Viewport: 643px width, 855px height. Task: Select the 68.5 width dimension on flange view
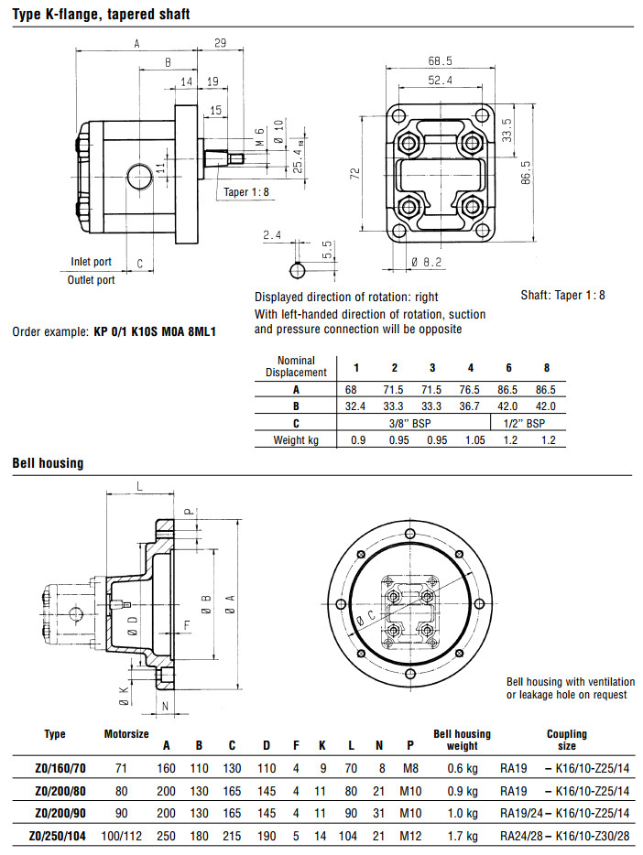pos(441,61)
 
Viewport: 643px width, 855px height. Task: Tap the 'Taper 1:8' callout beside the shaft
pos(246,192)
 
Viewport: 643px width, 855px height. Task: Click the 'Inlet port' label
pos(91,262)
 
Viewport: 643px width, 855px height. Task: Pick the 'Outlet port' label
pos(91,280)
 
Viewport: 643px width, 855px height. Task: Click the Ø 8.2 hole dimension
pos(427,263)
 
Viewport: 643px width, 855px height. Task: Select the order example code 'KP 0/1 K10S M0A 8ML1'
pos(156,330)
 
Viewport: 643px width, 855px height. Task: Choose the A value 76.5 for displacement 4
pos(471,389)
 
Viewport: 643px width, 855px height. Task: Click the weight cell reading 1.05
pos(471,440)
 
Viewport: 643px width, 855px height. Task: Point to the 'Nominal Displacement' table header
pos(296,366)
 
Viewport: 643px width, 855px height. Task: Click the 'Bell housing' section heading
pos(48,463)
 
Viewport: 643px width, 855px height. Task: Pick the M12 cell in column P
pos(410,835)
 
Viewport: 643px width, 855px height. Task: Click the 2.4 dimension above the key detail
pos(271,235)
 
